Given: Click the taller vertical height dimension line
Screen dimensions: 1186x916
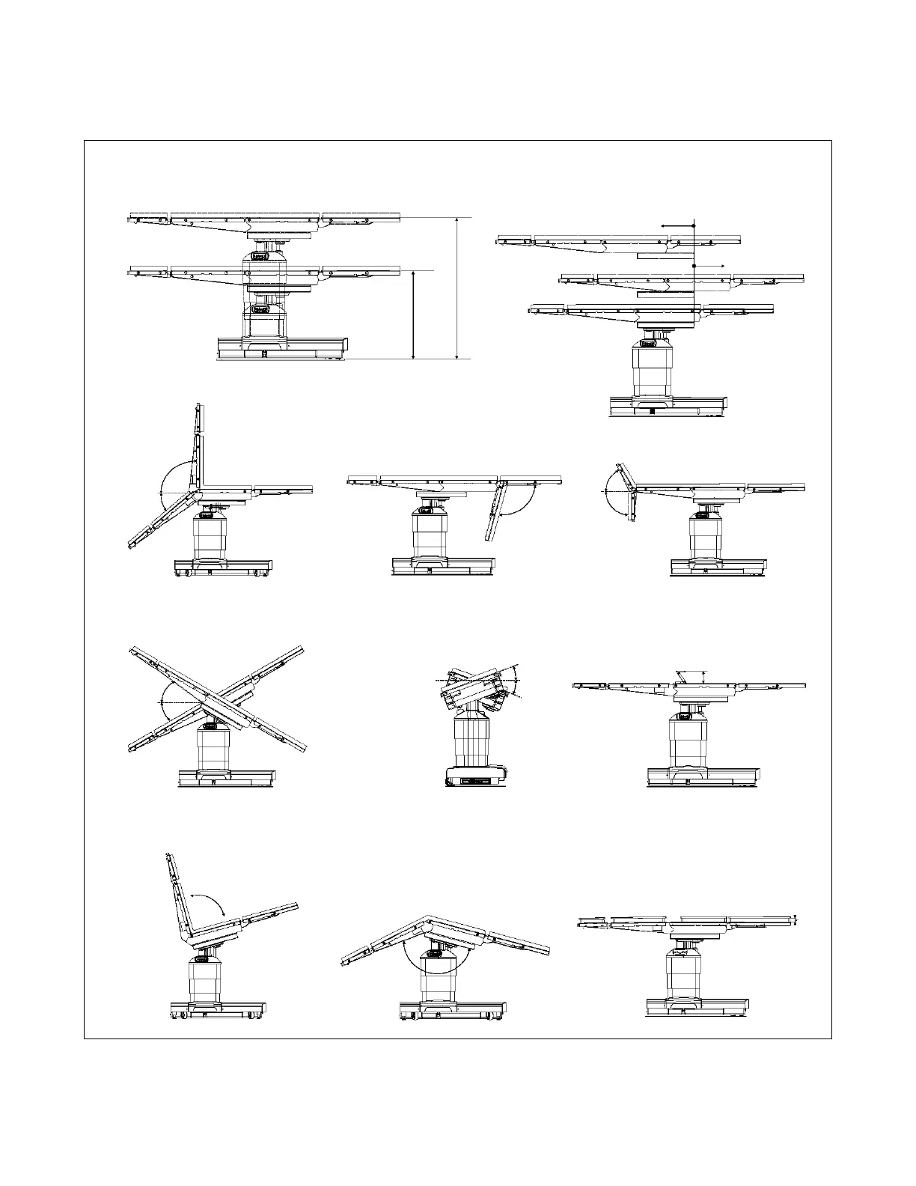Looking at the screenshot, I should pos(457,288).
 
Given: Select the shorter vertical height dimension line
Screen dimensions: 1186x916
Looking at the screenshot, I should pos(414,314).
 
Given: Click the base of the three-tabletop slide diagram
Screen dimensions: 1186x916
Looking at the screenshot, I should pos(667,406).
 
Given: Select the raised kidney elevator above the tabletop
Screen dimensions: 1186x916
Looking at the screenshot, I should pos(691,676).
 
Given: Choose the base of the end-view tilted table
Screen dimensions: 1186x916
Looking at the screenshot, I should pos(473,778).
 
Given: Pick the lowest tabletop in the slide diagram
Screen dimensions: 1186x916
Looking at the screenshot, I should pos(651,308).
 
